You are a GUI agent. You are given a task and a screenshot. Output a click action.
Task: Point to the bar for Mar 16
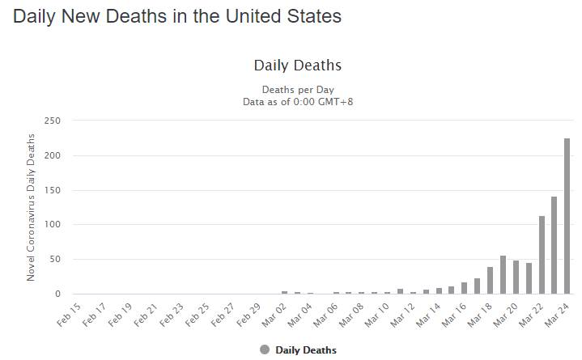click(465, 288)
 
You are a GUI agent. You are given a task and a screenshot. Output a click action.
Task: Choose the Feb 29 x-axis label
click(249, 313)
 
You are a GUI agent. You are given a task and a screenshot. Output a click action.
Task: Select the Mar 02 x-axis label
click(274, 313)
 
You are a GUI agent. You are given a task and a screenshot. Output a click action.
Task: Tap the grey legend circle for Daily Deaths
click(265, 349)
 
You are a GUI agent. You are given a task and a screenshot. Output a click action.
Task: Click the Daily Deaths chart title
click(298, 65)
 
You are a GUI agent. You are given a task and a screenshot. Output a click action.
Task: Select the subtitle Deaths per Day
click(298, 89)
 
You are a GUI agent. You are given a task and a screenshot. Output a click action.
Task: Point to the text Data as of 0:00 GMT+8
click(298, 101)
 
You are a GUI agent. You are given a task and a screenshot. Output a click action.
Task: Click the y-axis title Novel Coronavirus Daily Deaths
click(32, 207)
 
